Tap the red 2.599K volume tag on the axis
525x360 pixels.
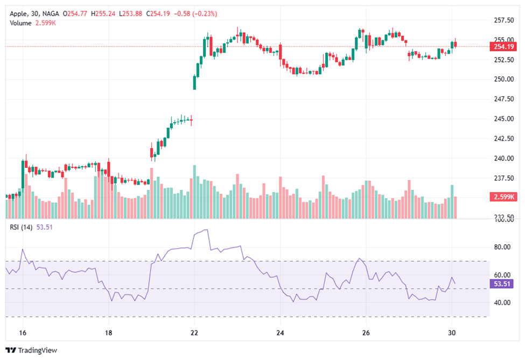[x=502, y=197]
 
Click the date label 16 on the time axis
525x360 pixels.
[x=23, y=333]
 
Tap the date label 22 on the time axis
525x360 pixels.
[x=194, y=333]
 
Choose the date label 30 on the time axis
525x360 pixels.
[x=452, y=333]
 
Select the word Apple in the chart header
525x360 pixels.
[x=19, y=13]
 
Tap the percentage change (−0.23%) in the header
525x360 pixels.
[x=202, y=13]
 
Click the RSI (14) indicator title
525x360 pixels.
[x=21, y=227]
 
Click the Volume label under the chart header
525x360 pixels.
[x=20, y=23]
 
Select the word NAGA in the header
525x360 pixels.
[x=51, y=13]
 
